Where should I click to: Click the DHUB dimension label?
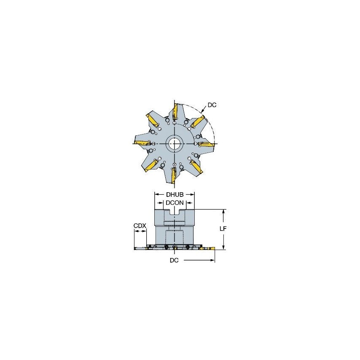175,195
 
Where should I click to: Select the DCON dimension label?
175,203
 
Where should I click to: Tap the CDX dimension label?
140,226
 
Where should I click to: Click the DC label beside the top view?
212,105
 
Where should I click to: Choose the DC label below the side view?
174,261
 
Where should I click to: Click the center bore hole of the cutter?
174,144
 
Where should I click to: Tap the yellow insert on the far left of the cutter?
142,142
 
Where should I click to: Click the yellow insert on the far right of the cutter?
206,145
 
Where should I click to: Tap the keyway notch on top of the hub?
175,218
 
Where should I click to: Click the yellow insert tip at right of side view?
212,249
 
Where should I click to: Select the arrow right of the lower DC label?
212,261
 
